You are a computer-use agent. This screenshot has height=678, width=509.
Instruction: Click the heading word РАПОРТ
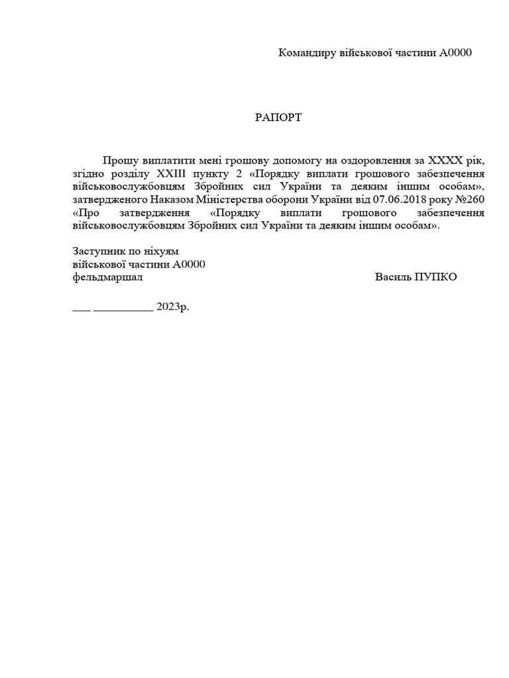tap(278, 118)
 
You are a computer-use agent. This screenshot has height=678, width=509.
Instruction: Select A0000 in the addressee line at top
tap(455, 53)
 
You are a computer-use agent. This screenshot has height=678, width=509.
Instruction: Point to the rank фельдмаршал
tap(107, 277)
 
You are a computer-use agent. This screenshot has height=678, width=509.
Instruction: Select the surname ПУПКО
tap(435, 277)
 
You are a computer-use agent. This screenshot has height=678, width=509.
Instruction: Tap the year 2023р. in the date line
tap(173, 308)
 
